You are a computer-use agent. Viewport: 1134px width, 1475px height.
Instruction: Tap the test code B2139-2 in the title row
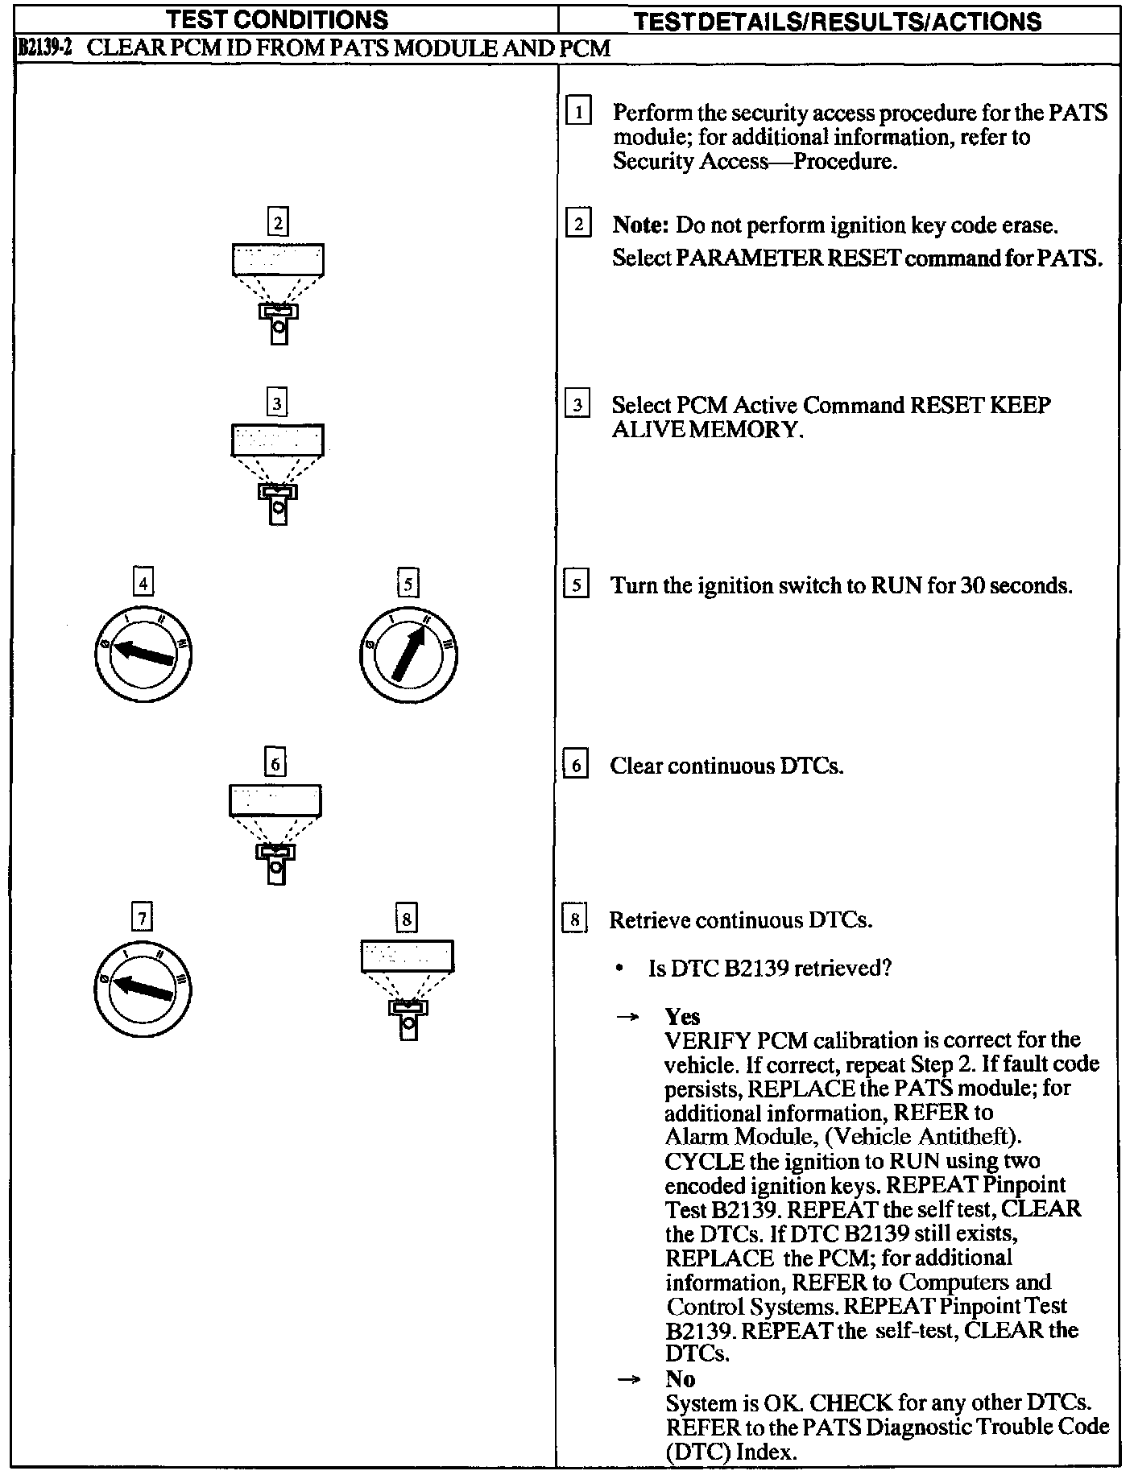click(45, 48)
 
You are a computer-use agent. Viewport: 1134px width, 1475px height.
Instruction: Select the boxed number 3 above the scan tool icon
click(277, 402)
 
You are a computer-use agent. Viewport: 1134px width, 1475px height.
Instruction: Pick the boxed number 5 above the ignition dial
click(408, 583)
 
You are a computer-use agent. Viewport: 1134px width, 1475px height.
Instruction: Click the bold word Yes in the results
click(682, 1016)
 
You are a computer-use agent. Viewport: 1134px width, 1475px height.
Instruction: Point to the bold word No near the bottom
click(681, 1378)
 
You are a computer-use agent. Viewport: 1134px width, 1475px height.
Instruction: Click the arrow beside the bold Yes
click(627, 1017)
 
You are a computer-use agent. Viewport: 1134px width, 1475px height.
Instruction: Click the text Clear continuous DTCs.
click(726, 766)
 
